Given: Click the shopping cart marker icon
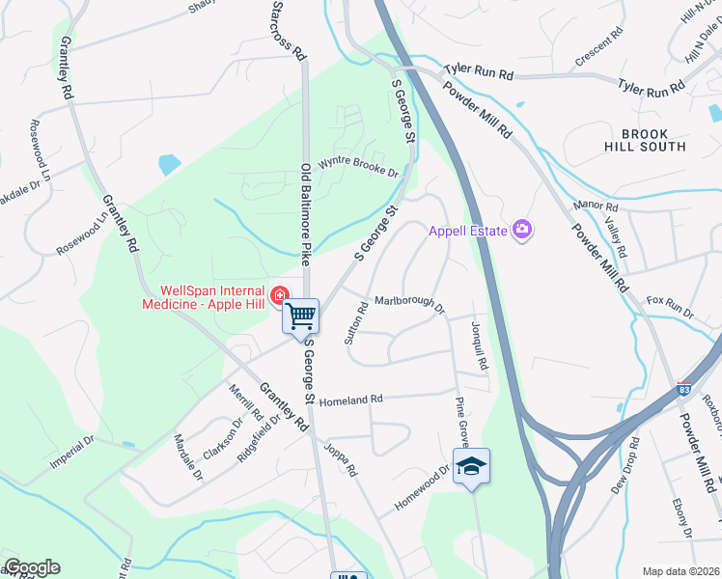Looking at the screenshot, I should coord(301,315).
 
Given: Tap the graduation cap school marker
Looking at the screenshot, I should coord(471,467).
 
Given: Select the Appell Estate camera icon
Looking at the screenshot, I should coord(522,229).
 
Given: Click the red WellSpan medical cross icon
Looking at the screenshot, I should coord(280,294).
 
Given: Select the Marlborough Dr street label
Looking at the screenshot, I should coord(408,304).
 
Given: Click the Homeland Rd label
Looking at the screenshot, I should coord(350,400).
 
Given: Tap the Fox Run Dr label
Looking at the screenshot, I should coord(670,307).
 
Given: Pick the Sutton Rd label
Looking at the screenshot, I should coord(356,324).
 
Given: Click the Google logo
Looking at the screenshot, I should coord(31,567).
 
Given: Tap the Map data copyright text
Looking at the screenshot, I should coord(680,571).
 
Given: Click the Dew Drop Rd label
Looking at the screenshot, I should coord(626,465).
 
